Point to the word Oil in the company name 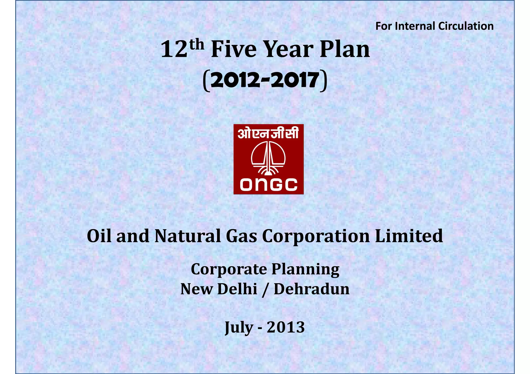point(99,236)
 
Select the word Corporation point(316,236)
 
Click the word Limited point(409,236)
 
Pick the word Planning point(305,270)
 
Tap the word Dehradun point(312,289)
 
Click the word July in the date point(239,327)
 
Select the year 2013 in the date point(286,327)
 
